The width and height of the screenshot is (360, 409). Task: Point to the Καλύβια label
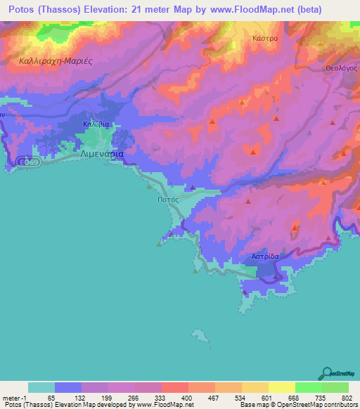pyautogui.click(x=95, y=124)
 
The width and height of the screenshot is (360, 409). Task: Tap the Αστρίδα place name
pyautogui.click(x=266, y=257)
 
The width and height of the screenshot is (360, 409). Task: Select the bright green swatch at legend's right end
pyautogui.click(x=335, y=387)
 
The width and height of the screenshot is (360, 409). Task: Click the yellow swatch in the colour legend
pyautogui.click(x=281, y=387)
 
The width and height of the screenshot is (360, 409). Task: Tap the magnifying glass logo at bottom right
pyautogui.click(x=328, y=372)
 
